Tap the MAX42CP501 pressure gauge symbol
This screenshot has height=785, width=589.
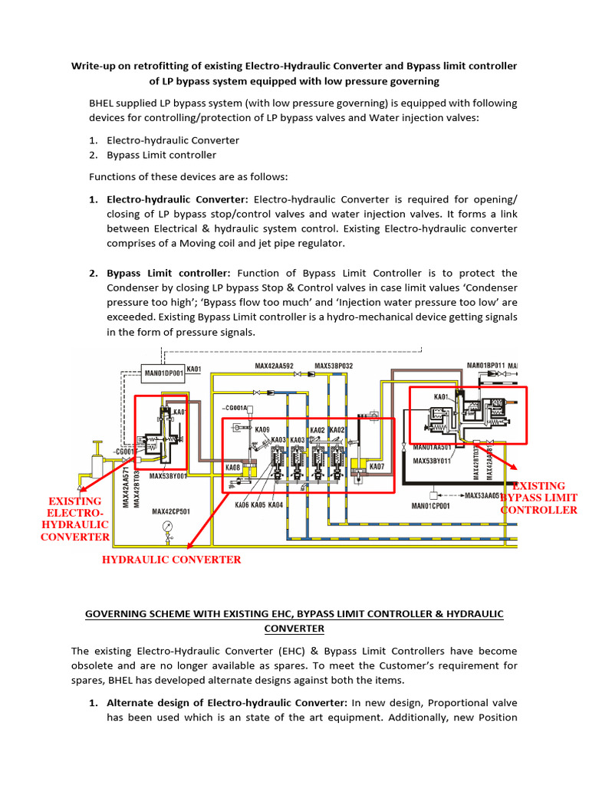pyautogui.click(x=167, y=528)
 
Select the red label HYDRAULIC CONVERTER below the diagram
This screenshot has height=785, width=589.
pyautogui.click(x=172, y=560)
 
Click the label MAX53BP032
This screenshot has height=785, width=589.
pyautogui.click(x=334, y=366)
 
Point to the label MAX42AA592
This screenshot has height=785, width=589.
pyautogui.click(x=275, y=366)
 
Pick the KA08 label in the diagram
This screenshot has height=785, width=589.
pyautogui.click(x=233, y=467)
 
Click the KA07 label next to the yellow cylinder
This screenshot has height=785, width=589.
pyautogui.click(x=377, y=466)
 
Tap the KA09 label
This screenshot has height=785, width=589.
pyautogui.click(x=262, y=430)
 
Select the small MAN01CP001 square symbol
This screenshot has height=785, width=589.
pyautogui.click(x=434, y=496)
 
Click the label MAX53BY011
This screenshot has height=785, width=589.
pyautogui.click(x=431, y=461)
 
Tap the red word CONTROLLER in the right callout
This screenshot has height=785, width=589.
pyautogui.click(x=538, y=510)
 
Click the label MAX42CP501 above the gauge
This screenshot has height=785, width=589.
pyautogui.click(x=170, y=511)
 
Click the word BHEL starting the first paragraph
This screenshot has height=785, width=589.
pyautogui.click(x=105, y=103)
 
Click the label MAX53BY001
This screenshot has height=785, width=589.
pyautogui.click(x=168, y=476)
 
